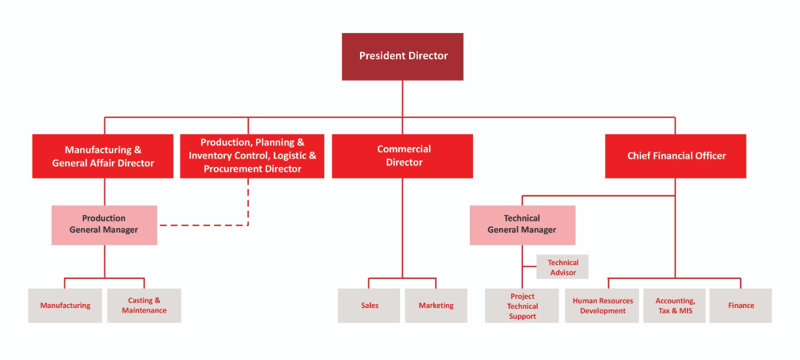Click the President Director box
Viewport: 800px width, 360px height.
click(x=402, y=56)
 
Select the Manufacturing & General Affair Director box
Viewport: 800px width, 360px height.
click(x=103, y=156)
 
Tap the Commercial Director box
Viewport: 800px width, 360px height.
click(x=402, y=156)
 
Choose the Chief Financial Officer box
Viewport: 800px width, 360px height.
click(x=675, y=156)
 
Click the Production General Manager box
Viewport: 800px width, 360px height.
click(x=104, y=225)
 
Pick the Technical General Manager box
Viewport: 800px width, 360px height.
click(x=522, y=225)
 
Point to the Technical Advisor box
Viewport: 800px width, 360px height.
click(x=562, y=267)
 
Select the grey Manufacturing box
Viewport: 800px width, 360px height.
click(x=65, y=305)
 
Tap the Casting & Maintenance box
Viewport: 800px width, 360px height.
click(x=144, y=305)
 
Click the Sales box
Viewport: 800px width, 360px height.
click(x=369, y=305)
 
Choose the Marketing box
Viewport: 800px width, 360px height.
click(x=436, y=305)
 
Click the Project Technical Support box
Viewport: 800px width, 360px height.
click(x=522, y=305)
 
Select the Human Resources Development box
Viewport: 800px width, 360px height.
click(x=602, y=305)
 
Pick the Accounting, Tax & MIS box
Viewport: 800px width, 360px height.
click(x=674, y=305)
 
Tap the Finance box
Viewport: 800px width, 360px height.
click(x=740, y=305)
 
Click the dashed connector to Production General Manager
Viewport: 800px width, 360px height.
click(x=205, y=225)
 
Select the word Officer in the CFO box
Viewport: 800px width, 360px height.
click(x=710, y=156)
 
